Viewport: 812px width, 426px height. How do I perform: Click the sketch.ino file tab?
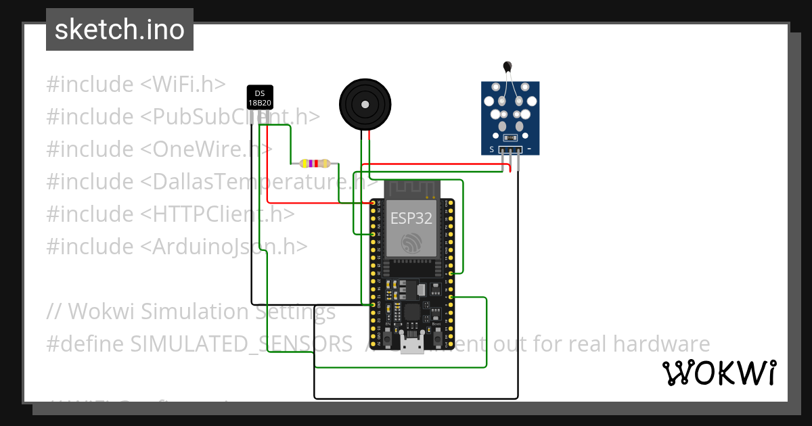(120, 30)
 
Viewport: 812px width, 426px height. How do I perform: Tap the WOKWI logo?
(719, 373)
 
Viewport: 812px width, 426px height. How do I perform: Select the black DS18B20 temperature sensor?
(259, 99)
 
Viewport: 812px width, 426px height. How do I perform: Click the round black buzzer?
(365, 105)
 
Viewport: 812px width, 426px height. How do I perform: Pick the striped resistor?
(315, 163)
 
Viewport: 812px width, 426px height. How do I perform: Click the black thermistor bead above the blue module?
(507, 66)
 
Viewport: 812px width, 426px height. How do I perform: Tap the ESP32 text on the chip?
(411, 218)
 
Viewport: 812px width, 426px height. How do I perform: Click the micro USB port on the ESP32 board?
(411, 345)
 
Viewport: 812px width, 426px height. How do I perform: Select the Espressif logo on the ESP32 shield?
(411, 243)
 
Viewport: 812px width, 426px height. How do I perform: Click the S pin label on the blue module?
(492, 149)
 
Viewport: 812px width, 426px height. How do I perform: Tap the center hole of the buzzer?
(365, 105)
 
